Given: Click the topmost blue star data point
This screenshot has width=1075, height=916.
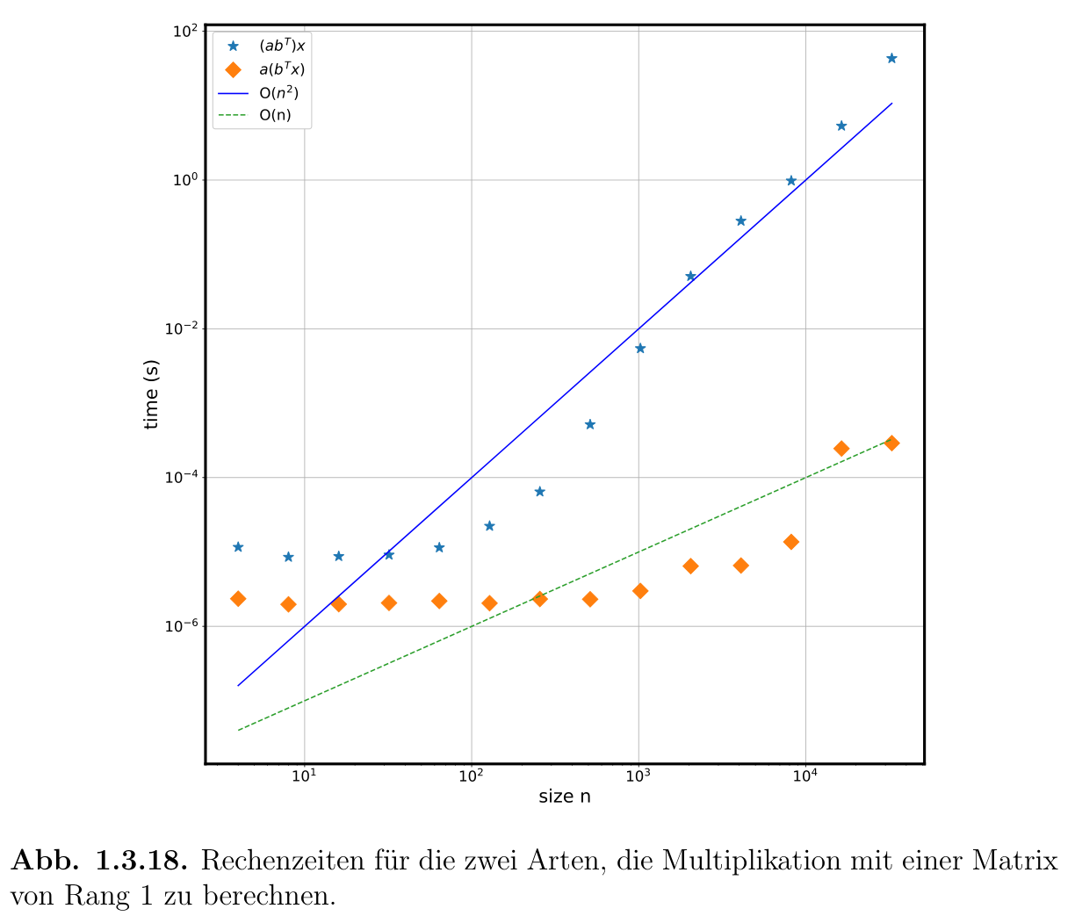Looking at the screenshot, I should click(891, 58).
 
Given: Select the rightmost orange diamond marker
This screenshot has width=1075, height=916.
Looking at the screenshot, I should click(891, 443).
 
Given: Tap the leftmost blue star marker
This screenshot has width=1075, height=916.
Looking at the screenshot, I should click(238, 547).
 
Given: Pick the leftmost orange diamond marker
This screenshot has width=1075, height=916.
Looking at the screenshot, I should click(238, 599).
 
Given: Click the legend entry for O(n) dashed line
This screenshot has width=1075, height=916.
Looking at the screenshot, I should click(275, 115).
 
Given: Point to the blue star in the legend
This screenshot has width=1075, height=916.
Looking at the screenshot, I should click(234, 46).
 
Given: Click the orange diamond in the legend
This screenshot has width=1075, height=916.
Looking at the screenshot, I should click(234, 69).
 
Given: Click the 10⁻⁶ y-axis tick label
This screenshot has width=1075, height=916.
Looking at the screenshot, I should click(181, 626).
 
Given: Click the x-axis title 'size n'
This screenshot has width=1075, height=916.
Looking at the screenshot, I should click(565, 797).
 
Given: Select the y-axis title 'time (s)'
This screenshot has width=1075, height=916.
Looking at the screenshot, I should click(152, 394).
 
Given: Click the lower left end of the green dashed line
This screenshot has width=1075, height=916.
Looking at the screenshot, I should click(239, 730).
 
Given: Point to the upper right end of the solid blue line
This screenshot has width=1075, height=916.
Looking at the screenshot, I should click(891, 104).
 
